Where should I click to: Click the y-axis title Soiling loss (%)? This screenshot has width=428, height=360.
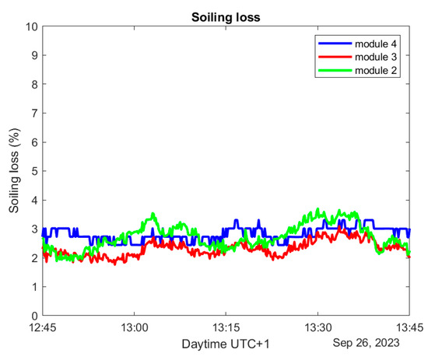click(x=15, y=171)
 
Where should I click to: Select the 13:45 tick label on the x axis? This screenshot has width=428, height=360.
click(x=410, y=327)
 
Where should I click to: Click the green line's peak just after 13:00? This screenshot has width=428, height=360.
click(x=153, y=214)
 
